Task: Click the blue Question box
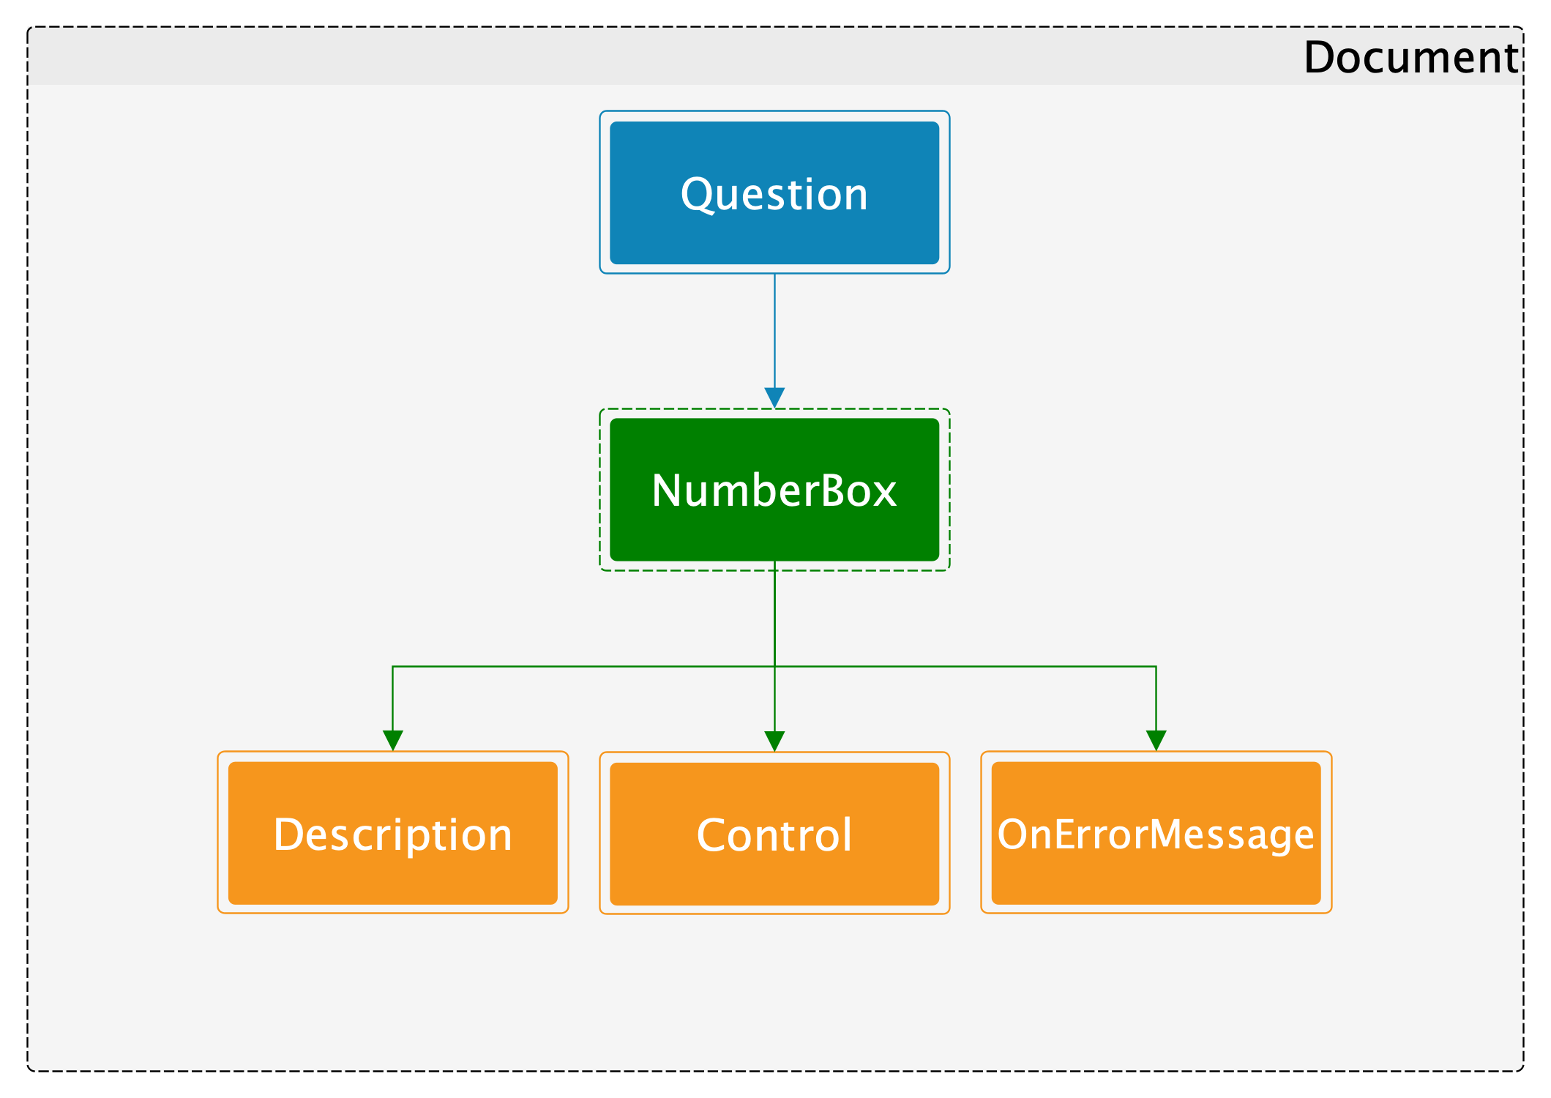tap(774, 193)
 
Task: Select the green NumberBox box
tap(774, 490)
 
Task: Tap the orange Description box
tap(393, 833)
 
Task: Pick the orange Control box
tap(774, 834)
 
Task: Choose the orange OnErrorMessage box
tap(1156, 833)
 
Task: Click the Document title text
tap(1411, 57)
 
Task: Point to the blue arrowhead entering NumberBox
tap(774, 397)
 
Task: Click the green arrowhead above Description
tap(393, 741)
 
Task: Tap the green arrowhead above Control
tap(774, 742)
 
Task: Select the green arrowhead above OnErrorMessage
tap(1156, 741)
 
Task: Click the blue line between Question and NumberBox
tap(774, 331)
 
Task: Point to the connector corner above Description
tap(393, 666)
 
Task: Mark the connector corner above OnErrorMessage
tap(1156, 666)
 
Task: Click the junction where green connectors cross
tap(774, 666)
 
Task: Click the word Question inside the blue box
tap(774, 195)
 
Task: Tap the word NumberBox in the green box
tap(774, 490)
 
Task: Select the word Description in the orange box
tap(393, 836)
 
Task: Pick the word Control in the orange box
tap(774, 835)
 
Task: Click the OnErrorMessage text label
tap(1156, 835)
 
